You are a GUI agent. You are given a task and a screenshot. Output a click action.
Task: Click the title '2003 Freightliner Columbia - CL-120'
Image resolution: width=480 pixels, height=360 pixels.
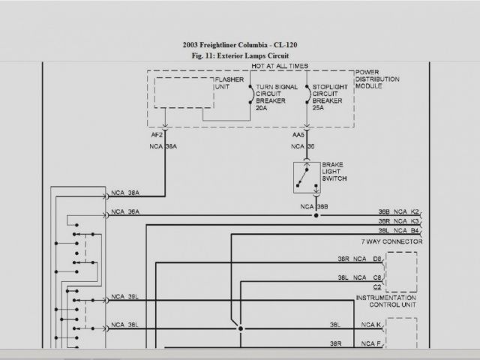[239, 44]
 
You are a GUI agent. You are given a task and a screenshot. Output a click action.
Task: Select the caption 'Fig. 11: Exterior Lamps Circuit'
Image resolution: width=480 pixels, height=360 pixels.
[239, 55]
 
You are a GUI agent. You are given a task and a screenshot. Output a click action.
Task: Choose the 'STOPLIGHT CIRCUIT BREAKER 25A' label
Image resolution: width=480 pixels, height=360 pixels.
[328, 97]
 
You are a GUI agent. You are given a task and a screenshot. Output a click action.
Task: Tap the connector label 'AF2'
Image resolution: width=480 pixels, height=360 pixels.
[156, 136]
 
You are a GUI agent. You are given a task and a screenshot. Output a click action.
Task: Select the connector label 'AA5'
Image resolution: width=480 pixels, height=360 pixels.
[297, 136]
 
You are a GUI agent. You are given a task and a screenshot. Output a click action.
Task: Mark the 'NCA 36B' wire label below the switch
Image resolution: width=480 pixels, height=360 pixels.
[314, 206]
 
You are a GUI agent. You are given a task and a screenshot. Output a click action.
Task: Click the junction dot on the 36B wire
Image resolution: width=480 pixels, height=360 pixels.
[316, 215]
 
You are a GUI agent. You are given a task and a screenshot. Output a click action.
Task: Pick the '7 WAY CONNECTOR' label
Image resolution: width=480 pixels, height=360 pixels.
[391, 242]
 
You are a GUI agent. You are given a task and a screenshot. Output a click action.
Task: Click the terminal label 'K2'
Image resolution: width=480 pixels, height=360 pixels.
[415, 212]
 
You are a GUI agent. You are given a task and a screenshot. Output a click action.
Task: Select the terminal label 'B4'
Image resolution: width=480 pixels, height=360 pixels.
[415, 232]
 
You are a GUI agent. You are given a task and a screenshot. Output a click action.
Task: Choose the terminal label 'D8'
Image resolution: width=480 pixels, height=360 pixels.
[377, 259]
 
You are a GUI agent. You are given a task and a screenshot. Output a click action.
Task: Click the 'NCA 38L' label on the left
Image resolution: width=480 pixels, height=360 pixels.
[124, 325]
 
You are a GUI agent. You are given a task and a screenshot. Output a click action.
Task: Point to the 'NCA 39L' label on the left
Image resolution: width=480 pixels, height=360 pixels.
[124, 297]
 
